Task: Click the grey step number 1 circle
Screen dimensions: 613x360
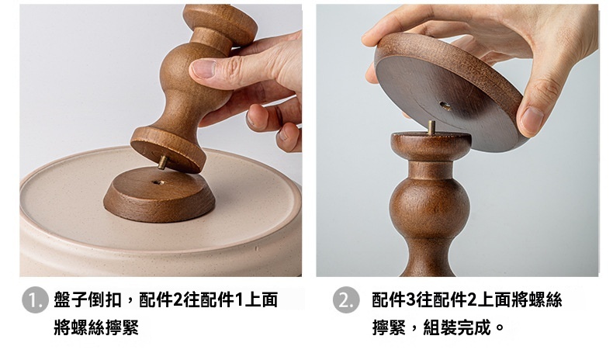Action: pos(35,300)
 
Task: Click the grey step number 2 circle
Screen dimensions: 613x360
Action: pos(346,300)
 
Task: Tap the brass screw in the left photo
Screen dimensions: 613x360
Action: pos(162,162)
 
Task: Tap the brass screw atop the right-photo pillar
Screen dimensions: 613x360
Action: pos(431,127)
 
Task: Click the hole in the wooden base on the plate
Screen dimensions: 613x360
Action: pos(158,182)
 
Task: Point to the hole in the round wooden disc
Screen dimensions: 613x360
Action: pos(445,106)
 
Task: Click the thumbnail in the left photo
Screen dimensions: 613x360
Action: pos(203,69)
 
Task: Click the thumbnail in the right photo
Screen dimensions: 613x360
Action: pos(532,119)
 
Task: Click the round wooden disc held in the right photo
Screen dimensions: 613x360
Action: pos(448,92)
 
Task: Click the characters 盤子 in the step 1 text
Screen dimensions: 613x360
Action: pos(71,300)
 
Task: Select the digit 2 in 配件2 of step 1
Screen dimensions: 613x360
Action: pos(177,300)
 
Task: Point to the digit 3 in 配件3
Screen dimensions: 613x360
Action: pos(411,300)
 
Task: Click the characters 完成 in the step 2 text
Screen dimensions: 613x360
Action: pos(473,327)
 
